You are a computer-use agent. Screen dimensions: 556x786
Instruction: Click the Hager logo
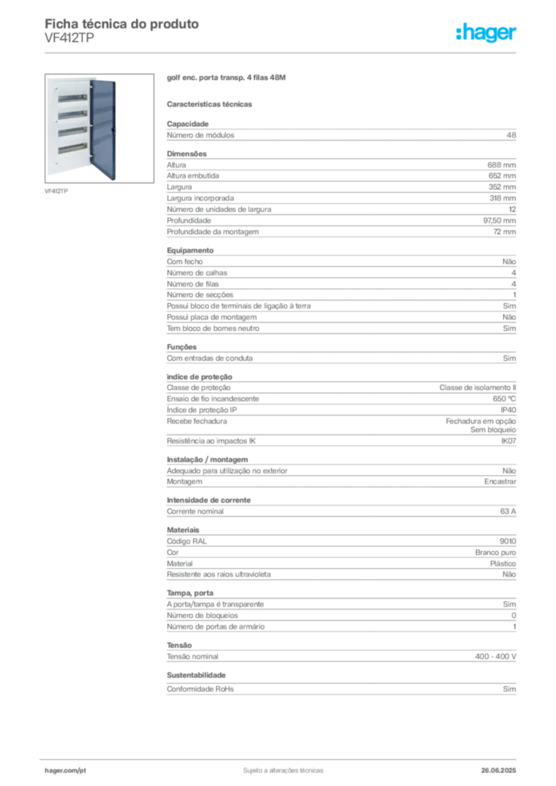pos(486,32)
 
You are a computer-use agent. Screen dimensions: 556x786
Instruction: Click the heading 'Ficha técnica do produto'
pos(122,24)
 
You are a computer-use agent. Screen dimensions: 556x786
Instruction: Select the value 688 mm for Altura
pos(501,165)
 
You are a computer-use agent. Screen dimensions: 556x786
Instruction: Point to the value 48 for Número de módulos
pos(511,135)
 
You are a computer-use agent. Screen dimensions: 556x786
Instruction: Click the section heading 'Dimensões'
pos(187,154)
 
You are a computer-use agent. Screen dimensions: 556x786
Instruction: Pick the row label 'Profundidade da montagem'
pos(213,232)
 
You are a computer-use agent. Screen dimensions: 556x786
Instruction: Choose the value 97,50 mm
pos(499,220)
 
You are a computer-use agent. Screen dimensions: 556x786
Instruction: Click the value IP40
pos(508,410)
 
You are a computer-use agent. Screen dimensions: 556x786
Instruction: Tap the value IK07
pos(508,441)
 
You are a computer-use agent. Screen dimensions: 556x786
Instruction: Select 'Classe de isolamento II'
pos(478,388)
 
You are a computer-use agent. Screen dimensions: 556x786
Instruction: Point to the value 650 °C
pos(504,399)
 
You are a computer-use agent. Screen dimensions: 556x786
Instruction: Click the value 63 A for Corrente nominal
pos(508,511)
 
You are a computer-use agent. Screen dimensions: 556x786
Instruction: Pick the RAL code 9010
pos(508,541)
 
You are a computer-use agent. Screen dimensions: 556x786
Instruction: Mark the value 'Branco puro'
pos(495,553)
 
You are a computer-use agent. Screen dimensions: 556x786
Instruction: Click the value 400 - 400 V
pos(495,657)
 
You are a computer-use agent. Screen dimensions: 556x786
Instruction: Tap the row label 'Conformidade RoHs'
pos(200,689)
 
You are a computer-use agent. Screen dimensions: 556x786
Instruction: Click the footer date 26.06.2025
pos(498,771)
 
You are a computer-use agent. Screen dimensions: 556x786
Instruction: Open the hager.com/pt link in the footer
pos(65,771)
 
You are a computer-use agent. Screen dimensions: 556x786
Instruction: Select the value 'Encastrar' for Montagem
pos(500,482)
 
